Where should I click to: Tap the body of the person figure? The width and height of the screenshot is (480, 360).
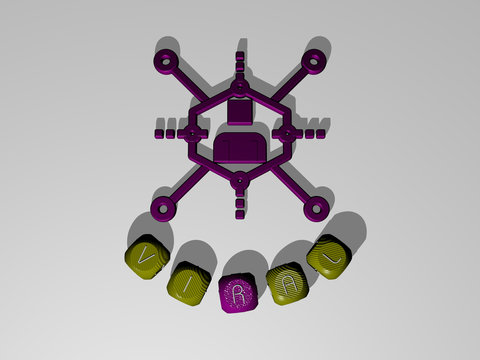coord(240,150)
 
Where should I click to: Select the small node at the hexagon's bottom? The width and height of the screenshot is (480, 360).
coord(239,181)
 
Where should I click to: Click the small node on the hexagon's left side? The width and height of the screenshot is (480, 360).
coord(193,133)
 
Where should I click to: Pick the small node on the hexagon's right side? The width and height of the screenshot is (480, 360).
coord(288,133)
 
